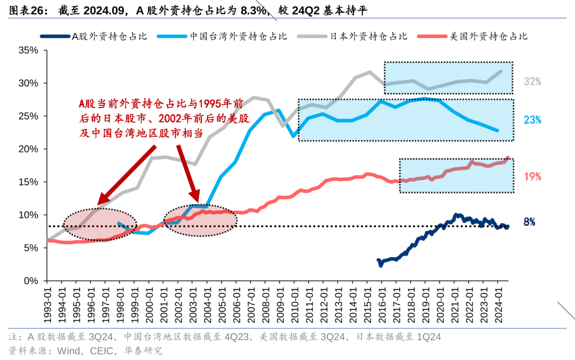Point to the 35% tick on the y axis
pos(28,51)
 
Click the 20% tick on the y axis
pos(28,149)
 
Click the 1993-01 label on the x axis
pos(48,304)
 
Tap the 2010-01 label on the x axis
pos(293,304)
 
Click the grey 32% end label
pos(532,81)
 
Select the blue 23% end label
pos(532,120)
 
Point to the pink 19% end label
pos(532,176)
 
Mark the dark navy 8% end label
pos(529,222)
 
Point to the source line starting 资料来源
pos(85,350)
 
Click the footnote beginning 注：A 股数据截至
pos(224,337)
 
